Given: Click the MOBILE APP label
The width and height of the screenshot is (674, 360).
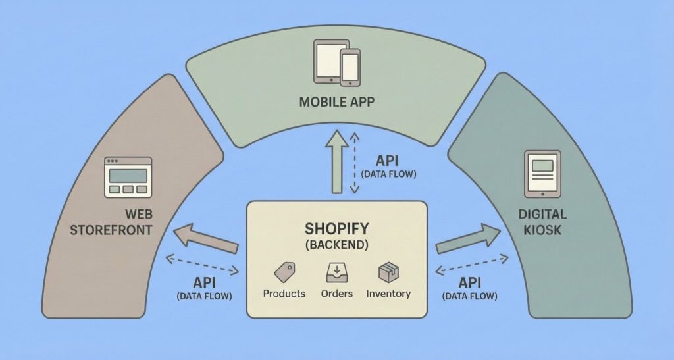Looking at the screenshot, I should (x=336, y=103).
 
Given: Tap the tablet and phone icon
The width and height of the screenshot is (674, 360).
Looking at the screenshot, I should (x=337, y=63).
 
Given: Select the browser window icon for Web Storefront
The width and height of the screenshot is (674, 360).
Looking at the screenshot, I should (x=128, y=177).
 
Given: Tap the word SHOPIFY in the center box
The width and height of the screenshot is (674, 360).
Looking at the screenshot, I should (x=336, y=229).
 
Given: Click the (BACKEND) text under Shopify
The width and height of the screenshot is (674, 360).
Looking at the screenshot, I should (x=336, y=245).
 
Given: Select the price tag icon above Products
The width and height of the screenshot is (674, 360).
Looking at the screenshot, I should (x=284, y=272).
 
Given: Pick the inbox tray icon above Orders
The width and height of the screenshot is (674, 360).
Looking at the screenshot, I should (x=336, y=272).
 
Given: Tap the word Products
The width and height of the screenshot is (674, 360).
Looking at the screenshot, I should (x=284, y=294).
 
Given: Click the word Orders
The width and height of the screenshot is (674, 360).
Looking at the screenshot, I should (x=336, y=294).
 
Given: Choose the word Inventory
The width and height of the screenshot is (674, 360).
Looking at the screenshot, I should (x=388, y=294).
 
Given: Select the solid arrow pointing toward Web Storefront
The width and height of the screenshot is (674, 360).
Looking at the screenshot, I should (x=205, y=238).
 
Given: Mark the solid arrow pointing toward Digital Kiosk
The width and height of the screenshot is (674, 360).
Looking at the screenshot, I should (x=467, y=239).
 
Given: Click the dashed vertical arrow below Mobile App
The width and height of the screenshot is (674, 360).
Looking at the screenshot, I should (x=354, y=163).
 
